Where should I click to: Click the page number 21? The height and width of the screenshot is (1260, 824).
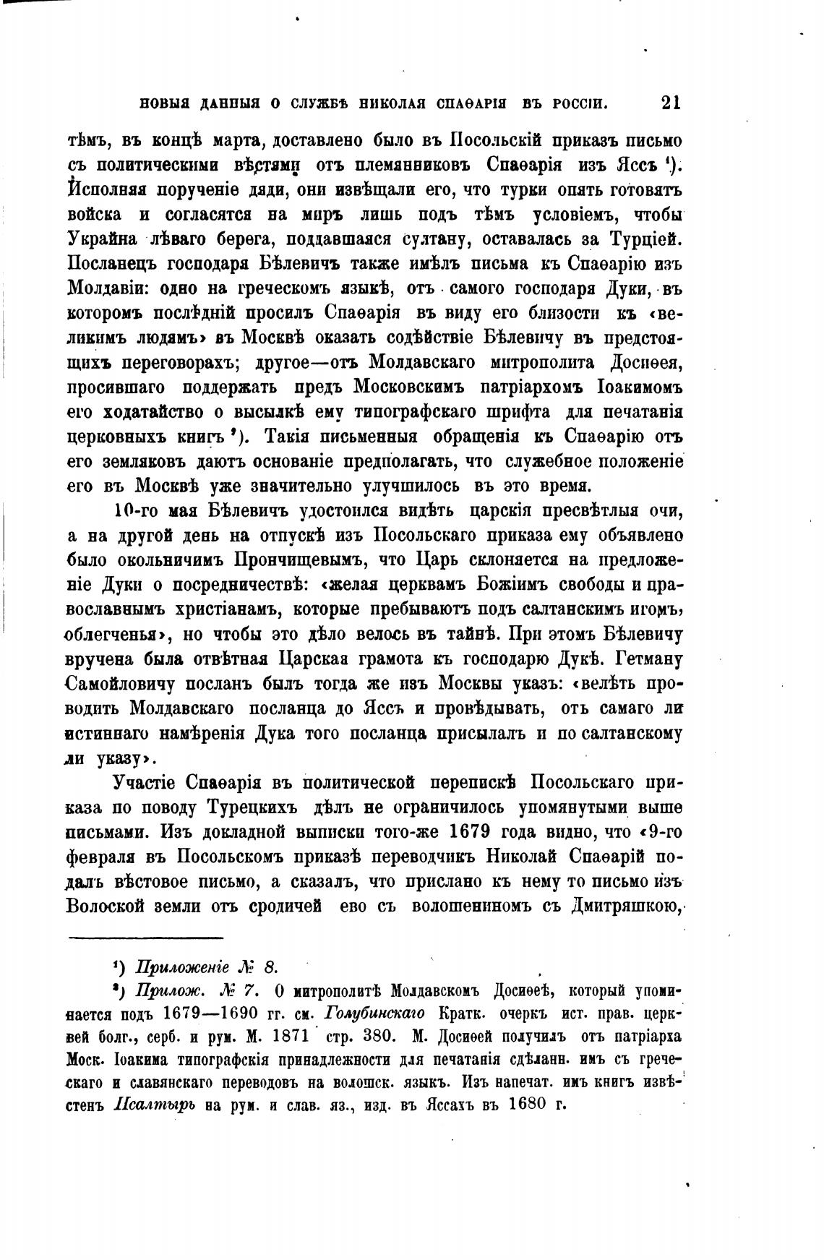click(670, 103)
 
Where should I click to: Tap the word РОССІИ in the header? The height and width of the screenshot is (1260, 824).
click(580, 104)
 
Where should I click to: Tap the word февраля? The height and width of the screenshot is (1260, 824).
click(110, 857)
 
